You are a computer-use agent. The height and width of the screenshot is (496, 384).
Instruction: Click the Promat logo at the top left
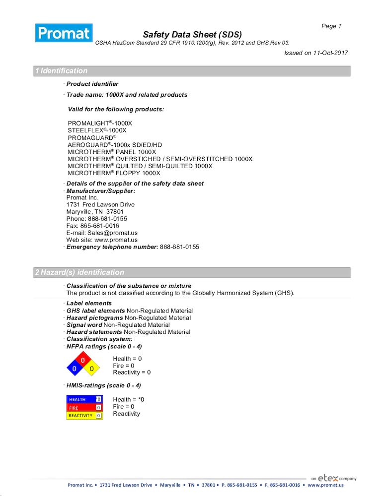point(64,33)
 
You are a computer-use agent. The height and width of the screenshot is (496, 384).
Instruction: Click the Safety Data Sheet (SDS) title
point(192,34)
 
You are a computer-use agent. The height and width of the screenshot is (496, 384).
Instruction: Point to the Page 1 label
point(331,26)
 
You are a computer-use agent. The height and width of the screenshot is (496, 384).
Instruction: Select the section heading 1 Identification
point(61,71)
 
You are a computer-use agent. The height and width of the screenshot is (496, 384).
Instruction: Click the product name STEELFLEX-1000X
point(97,130)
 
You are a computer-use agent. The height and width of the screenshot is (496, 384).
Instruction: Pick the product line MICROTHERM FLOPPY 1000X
point(114,173)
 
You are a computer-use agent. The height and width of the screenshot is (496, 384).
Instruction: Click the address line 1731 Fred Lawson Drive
point(100,204)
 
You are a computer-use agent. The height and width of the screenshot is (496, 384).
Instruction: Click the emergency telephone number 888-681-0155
point(179,247)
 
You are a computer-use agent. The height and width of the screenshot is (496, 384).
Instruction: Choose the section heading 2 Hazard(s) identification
point(79,272)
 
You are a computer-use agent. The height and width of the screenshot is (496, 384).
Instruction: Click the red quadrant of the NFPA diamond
point(83,360)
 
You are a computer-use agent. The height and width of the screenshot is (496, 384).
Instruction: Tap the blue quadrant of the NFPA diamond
point(75,369)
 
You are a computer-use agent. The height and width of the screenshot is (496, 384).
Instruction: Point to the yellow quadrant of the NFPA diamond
point(92,369)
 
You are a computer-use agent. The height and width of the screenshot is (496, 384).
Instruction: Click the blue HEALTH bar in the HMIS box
point(81,399)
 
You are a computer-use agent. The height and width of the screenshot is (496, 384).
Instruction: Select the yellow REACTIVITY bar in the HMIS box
point(81,416)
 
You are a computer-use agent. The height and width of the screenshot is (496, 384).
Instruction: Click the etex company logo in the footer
point(334,478)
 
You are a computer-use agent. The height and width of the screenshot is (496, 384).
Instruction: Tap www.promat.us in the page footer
point(325,485)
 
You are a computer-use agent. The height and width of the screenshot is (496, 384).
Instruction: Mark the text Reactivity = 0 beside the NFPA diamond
point(132,372)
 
